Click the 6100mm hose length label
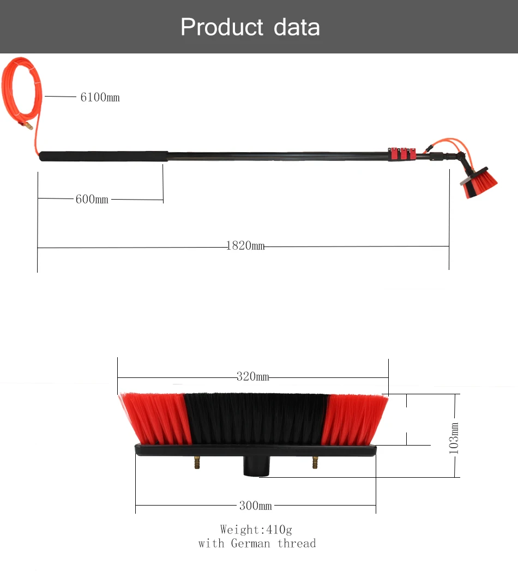pos(100,98)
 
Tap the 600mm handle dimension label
pos(92,200)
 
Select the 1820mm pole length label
pos(245,247)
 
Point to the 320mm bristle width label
pos(252,377)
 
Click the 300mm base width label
pos(255,506)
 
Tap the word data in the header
pos(297,27)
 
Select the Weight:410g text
pos(256,530)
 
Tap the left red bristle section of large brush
pos(155,417)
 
